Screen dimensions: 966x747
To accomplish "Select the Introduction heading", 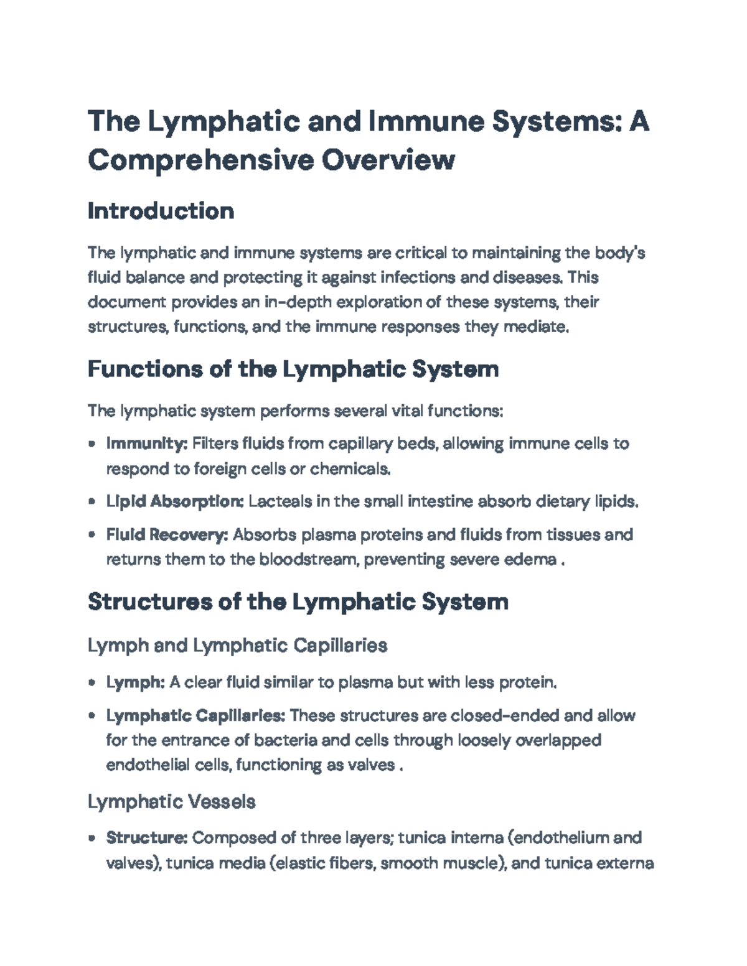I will tap(161, 211).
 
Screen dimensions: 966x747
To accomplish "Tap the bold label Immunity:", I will tap(147, 444).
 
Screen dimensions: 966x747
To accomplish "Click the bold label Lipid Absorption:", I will tap(175, 501).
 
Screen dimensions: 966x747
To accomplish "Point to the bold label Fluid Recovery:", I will tap(167, 534).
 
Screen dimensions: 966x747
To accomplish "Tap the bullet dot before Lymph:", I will tap(92, 683).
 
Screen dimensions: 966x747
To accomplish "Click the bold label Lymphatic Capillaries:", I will tap(195, 715).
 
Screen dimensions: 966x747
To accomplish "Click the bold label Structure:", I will tap(147, 838).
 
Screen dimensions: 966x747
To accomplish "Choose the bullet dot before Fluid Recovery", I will tap(92, 535).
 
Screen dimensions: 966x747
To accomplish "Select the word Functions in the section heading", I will tap(145, 369).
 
